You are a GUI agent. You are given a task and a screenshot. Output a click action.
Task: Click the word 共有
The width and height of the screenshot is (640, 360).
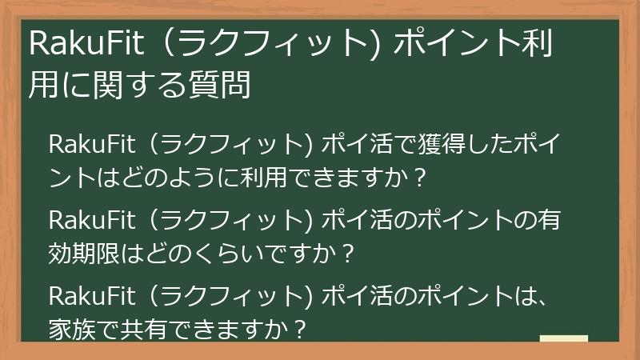154,328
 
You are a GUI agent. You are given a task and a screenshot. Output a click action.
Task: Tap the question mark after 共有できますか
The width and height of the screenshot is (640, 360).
300,328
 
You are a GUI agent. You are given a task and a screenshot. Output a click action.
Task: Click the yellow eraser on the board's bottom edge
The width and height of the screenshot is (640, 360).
564,339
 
